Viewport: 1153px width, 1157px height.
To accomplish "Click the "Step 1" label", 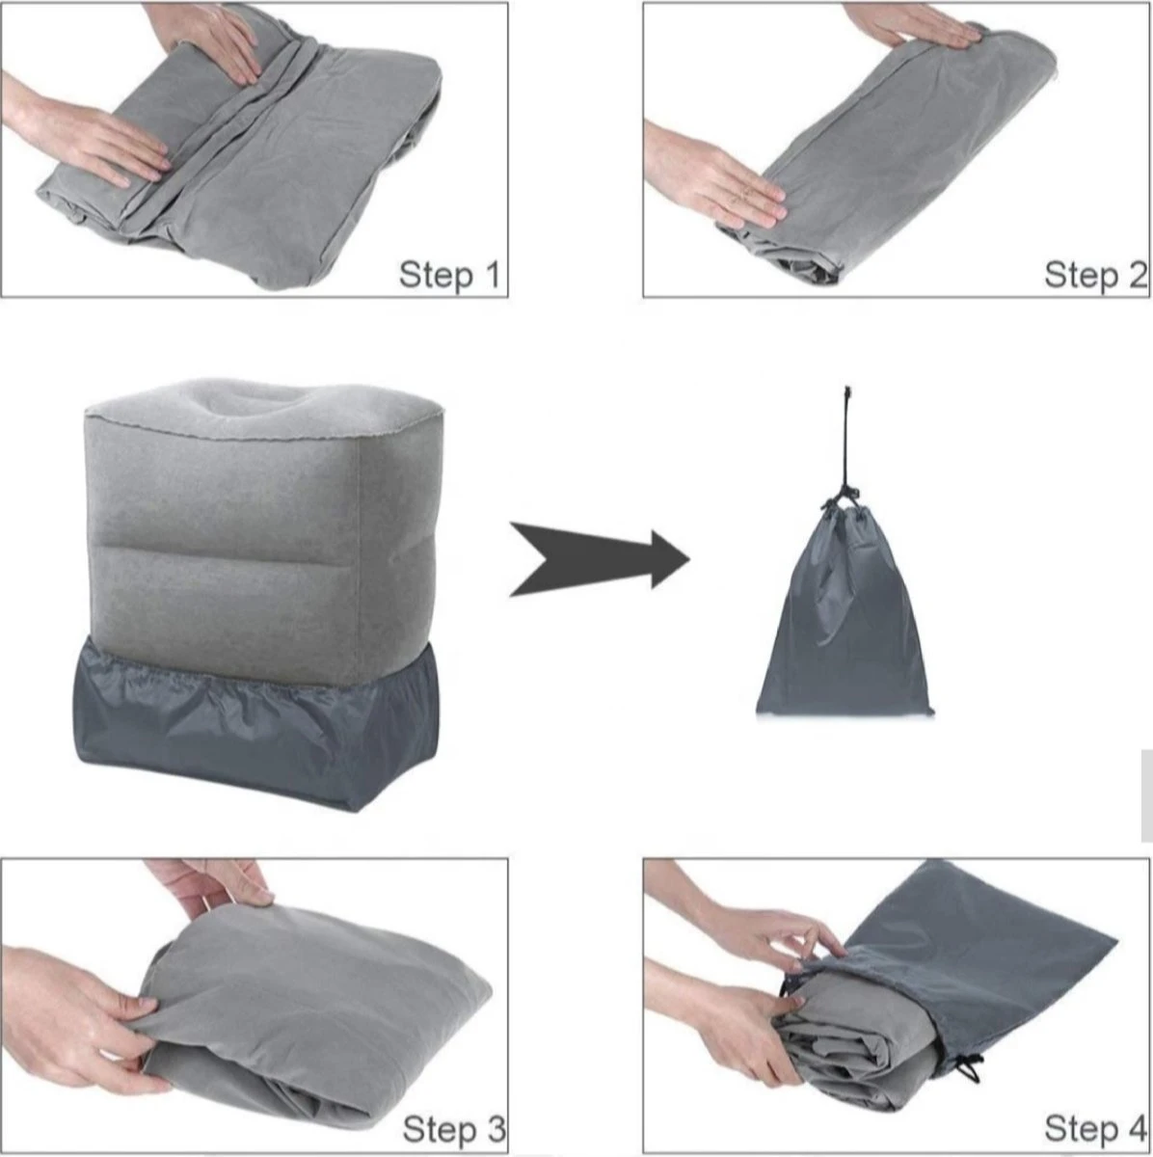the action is coord(449,275).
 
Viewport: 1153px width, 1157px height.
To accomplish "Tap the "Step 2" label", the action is coord(1095,275).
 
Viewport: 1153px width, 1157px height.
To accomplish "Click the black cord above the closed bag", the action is coord(847,444).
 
